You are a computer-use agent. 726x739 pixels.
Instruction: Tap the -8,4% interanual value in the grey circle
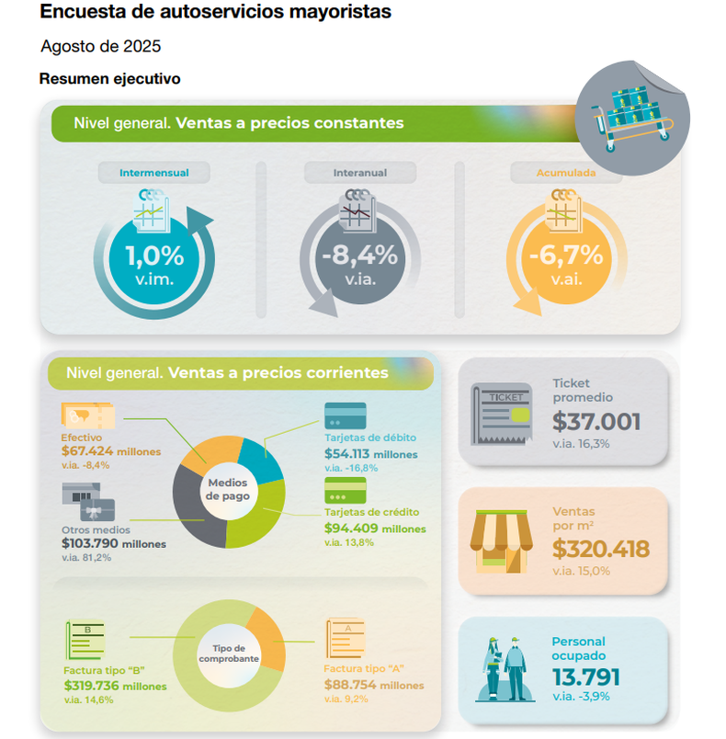tap(359, 255)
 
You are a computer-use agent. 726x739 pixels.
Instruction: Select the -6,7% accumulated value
tap(565, 255)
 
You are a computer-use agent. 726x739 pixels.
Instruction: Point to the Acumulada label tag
tap(566, 172)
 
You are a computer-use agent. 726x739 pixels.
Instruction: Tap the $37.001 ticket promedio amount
tap(596, 422)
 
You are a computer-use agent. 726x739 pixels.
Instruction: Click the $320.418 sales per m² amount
tap(601, 550)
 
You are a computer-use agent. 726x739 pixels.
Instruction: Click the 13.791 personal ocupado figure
tap(585, 677)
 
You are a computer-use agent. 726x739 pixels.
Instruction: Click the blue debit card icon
tap(345, 415)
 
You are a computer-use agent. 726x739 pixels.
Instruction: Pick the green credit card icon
tap(345, 488)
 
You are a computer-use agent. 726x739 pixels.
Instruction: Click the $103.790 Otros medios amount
tap(114, 543)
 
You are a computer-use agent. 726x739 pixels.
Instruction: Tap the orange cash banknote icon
tap(87, 416)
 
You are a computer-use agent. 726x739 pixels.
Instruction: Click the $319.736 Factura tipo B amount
tap(114, 686)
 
